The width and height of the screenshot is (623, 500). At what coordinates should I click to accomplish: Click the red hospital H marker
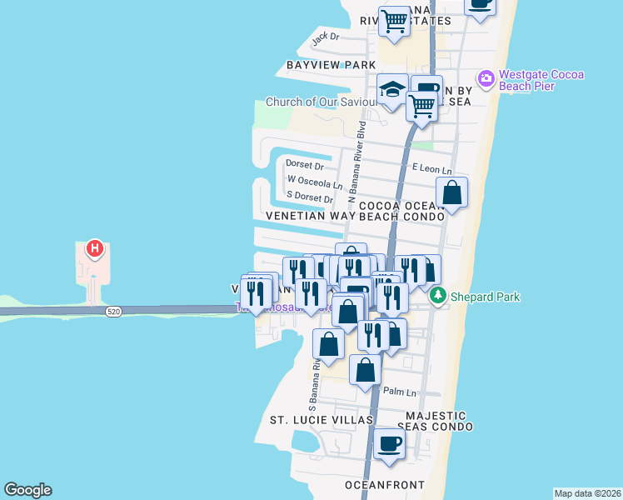[96, 248]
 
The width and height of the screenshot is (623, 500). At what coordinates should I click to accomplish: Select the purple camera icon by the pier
[486, 80]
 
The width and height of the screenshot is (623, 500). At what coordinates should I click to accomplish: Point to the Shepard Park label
[479, 296]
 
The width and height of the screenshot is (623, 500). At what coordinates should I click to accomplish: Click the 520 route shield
[114, 312]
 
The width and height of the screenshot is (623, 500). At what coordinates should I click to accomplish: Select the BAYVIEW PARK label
[331, 64]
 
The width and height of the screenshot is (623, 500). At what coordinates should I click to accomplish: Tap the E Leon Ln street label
[431, 167]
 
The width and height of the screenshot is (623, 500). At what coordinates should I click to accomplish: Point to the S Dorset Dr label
[310, 197]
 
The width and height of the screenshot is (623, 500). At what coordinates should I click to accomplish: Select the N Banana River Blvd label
[362, 163]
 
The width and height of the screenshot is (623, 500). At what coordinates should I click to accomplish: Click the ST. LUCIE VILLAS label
[321, 419]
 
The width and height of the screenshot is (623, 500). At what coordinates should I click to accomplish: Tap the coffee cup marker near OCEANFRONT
[388, 442]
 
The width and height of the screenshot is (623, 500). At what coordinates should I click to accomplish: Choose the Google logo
[27, 490]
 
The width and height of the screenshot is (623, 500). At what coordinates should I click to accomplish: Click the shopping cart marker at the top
[394, 22]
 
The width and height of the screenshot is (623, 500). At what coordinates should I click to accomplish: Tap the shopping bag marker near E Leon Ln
[451, 192]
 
